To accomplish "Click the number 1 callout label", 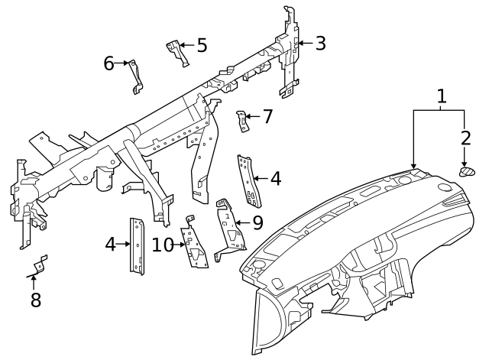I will [441, 96].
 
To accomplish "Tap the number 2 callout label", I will [465, 138].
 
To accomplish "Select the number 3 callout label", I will [320, 43].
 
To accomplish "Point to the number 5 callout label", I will [202, 45].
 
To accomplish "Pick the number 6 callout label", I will [108, 63].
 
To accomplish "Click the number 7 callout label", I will [267, 117].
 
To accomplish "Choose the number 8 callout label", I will [35, 300].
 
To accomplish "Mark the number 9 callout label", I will [257, 222].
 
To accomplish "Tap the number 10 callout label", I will [163, 245].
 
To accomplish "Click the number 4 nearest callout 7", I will [276, 179].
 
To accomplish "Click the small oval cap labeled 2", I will [466, 170].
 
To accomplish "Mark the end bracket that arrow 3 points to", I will [290, 50].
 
